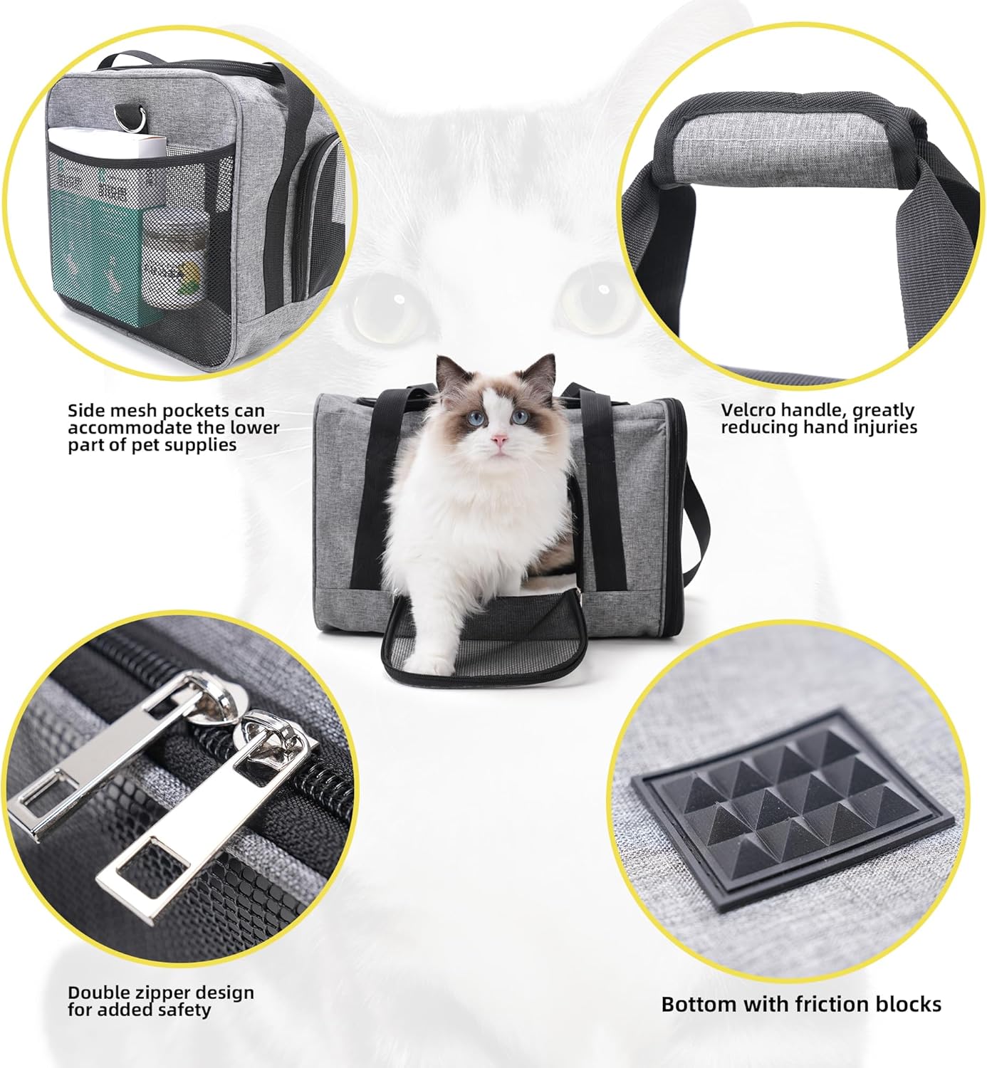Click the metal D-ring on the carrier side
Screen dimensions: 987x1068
tap(138, 118)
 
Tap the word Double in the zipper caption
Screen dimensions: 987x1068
tap(100, 993)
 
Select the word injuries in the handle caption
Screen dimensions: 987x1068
tap(885, 427)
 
